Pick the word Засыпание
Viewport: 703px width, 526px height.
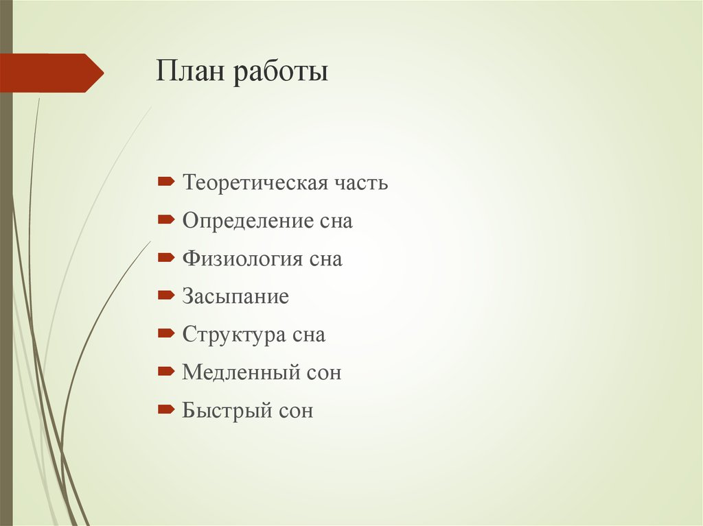235,297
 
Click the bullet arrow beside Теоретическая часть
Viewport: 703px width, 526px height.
165,182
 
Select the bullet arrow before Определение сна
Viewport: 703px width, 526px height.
165,220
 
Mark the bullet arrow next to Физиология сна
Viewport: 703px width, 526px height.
165,258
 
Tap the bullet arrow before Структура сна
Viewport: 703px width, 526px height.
165,334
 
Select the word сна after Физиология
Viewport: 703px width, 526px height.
325,260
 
